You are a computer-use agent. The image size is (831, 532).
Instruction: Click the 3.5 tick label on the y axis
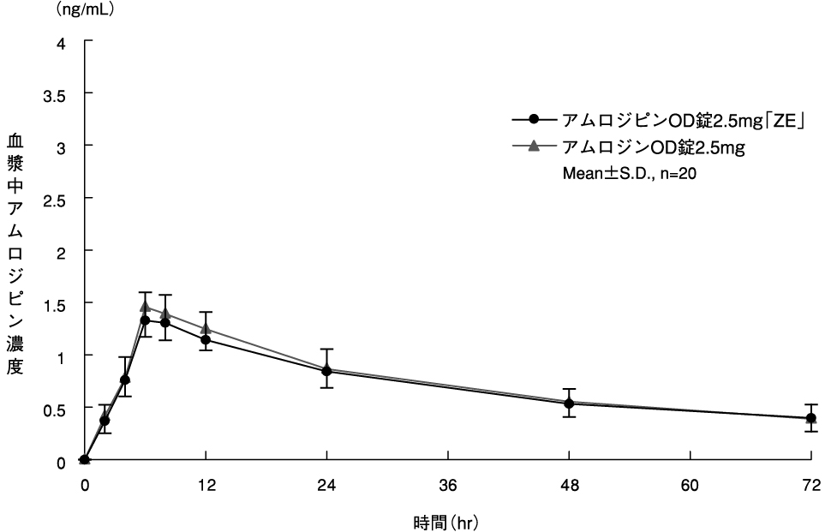point(56,93)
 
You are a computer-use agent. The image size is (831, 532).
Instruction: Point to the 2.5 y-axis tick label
point(56,198)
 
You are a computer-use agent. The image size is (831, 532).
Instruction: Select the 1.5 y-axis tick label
point(56,302)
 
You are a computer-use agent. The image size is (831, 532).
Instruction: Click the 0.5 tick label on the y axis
point(56,408)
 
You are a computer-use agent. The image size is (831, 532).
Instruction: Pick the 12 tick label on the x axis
point(206,485)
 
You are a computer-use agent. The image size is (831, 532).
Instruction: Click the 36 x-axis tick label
point(448,485)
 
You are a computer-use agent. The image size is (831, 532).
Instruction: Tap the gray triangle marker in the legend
point(535,146)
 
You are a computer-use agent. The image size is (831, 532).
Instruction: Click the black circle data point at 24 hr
point(326,371)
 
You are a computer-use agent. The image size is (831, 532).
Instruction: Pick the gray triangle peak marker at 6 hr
point(146,306)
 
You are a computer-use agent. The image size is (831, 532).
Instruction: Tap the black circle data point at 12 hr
point(206,339)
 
